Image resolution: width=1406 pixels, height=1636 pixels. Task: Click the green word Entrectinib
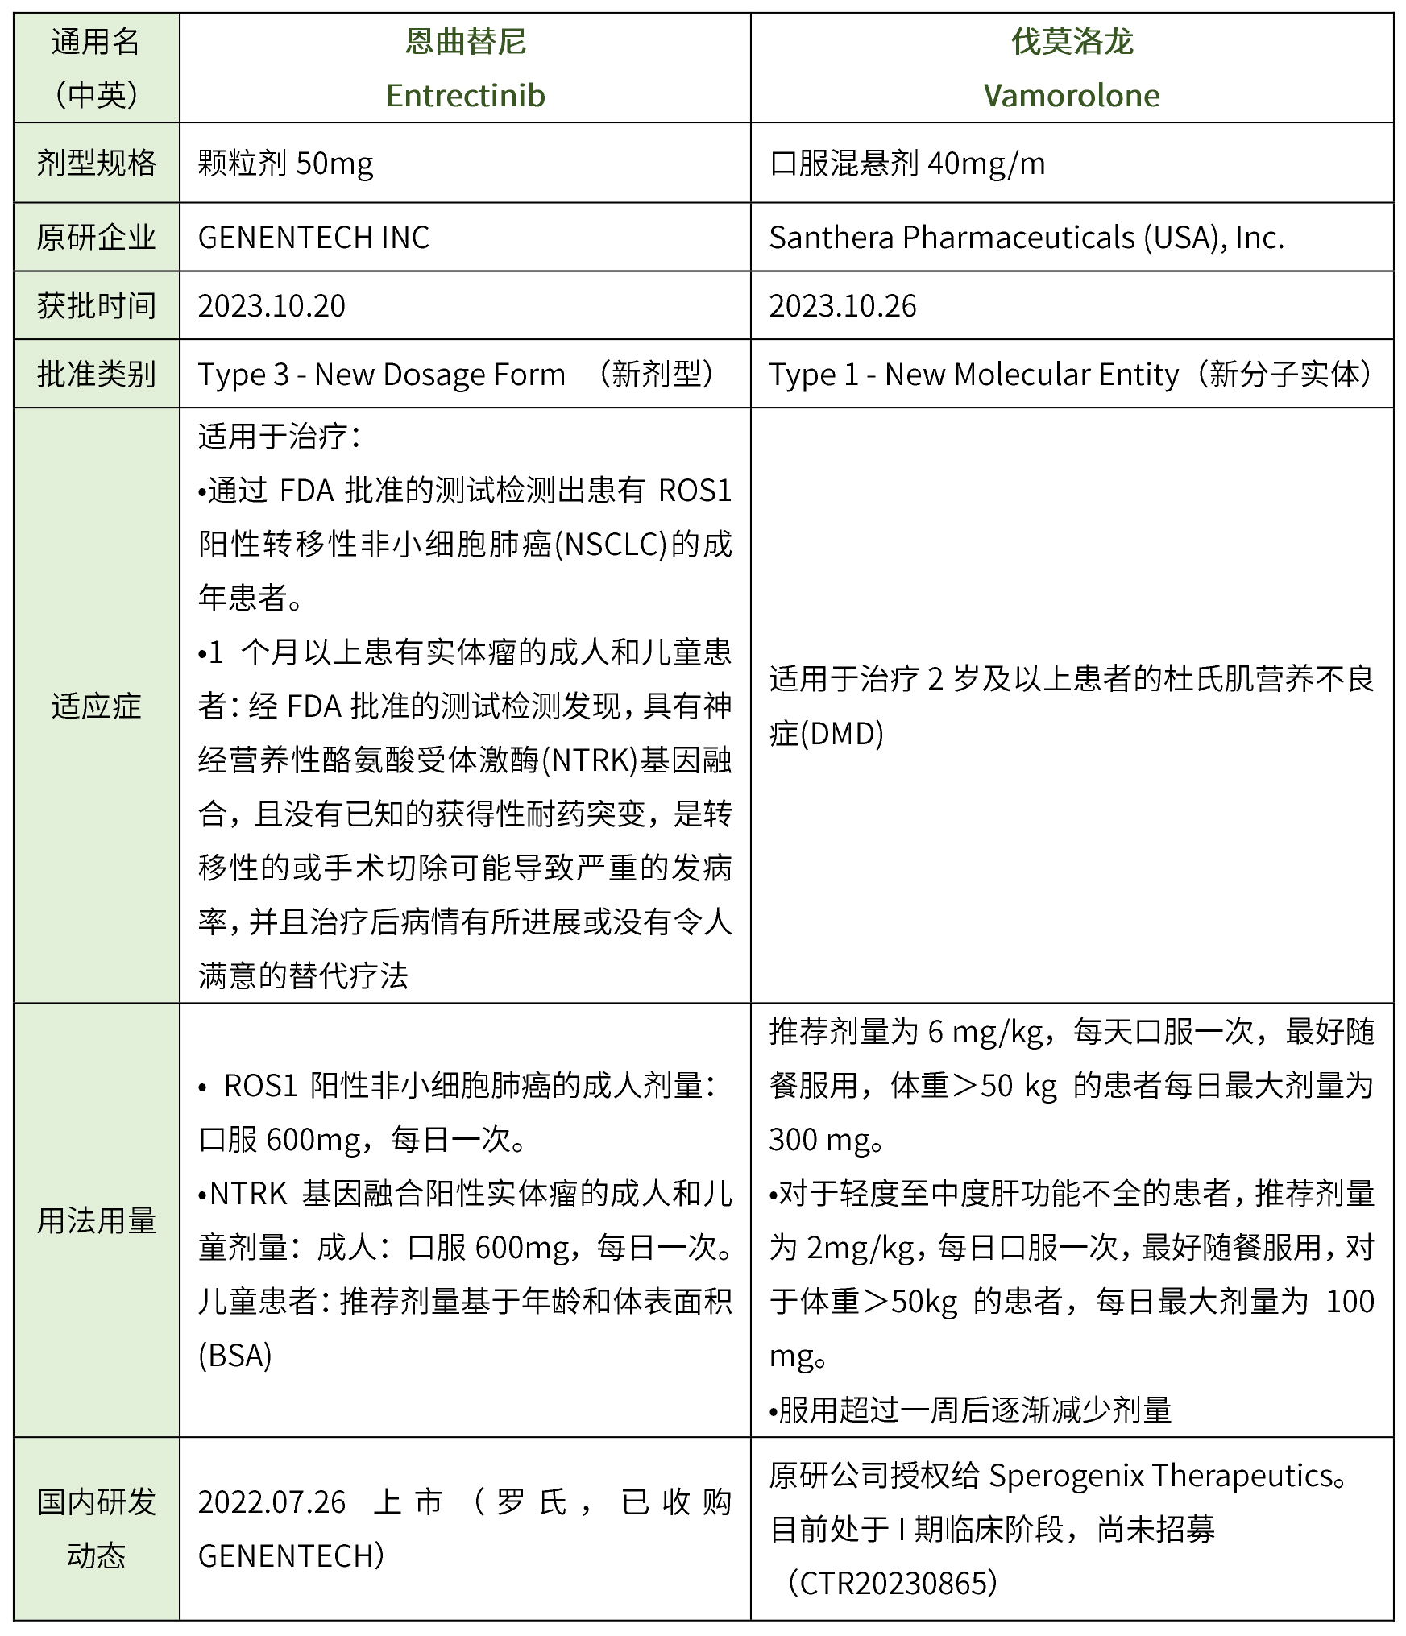click(x=465, y=96)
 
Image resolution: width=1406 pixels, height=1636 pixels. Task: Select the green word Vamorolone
click(x=1071, y=96)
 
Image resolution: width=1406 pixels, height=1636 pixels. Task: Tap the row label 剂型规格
click(x=96, y=164)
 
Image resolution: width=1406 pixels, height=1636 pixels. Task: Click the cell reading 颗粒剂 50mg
click(x=285, y=164)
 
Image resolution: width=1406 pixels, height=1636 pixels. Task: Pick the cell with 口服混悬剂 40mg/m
click(x=906, y=164)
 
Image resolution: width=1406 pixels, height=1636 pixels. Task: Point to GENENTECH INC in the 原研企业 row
click(x=313, y=238)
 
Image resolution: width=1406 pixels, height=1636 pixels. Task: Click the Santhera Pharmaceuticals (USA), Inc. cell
click(x=1026, y=238)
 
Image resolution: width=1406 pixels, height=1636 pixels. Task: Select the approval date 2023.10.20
click(x=272, y=306)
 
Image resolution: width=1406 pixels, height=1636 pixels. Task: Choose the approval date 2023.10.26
click(x=842, y=306)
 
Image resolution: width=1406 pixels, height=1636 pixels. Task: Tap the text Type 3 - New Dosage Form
click(x=381, y=375)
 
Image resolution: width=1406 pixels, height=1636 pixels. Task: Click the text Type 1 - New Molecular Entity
click(x=973, y=375)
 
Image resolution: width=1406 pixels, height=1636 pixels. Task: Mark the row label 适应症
click(x=96, y=706)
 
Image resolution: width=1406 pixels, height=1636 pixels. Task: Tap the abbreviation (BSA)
click(x=234, y=1356)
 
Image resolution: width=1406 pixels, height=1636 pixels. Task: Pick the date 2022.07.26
click(x=272, y=1502)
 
